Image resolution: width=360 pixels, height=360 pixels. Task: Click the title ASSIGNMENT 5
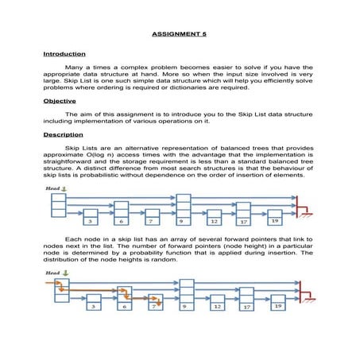point(180,35)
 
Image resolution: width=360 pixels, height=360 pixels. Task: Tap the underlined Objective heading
point(60,102)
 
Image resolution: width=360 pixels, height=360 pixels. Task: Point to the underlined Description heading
point(64,135)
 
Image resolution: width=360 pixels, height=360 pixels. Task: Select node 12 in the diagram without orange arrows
point(214,222)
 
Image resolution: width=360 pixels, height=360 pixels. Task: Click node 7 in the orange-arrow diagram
point(156,305)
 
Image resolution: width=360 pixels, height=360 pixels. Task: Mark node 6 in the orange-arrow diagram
point(124,304)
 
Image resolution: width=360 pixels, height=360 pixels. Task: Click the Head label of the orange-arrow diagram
point(52,273)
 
